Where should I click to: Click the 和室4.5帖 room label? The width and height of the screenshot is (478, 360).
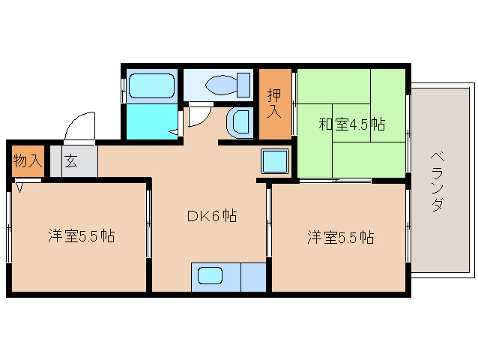(x=351, y=124)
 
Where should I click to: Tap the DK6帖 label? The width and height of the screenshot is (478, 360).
(x=211, y=216)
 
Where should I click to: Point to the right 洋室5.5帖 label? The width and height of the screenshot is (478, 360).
(x=340, y=238)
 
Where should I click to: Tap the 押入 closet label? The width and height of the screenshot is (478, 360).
(x=274, y=103)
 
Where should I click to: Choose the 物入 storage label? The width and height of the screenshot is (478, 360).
(x=28, y=160)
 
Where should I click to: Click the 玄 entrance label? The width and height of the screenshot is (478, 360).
(x=70, y=160)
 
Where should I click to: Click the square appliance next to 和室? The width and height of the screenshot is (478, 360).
(x=275, y=161)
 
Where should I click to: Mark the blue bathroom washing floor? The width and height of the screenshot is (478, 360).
(x=151, y=122)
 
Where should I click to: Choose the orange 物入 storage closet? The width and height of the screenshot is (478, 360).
(x=28, y=160)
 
